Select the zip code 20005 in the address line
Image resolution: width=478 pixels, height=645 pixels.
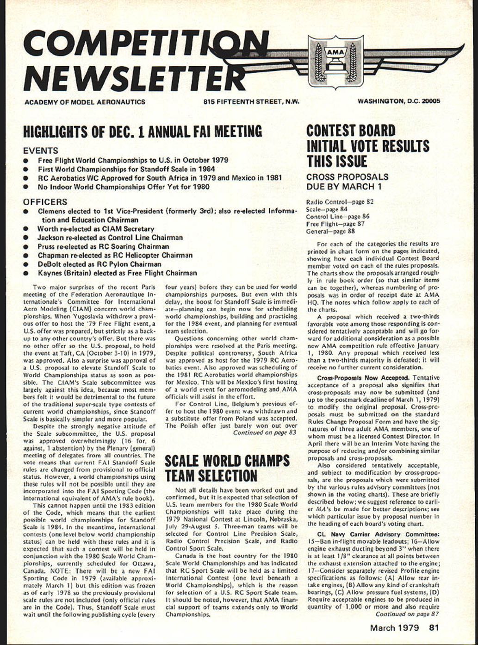click(431, 101)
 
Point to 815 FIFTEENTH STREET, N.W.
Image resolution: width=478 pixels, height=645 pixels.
click(251, 102)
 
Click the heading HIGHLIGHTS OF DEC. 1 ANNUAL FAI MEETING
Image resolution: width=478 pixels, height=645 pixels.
click(143, 132)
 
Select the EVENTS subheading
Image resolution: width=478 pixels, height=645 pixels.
click(41, 150)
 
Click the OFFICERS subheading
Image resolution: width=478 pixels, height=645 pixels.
click(45, 202)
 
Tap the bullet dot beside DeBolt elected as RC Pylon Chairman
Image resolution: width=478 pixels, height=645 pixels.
click(27, 264)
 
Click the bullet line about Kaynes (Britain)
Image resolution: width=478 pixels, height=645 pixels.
click(117, 273)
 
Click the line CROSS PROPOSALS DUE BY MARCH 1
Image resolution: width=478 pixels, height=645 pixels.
click(347, 182)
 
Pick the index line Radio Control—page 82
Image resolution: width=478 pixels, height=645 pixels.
click(340, 202)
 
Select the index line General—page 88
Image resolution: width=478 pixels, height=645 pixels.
click(330, 231)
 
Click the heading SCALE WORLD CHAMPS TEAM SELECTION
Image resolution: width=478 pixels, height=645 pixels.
click(227, 468)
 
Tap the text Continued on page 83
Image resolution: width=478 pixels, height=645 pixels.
click(264, 432)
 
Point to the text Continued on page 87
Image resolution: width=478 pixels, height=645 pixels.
click(407, 614)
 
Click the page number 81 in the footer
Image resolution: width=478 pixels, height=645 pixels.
click(434, 628)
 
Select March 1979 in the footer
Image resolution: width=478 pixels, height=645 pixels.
click(394, 628)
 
